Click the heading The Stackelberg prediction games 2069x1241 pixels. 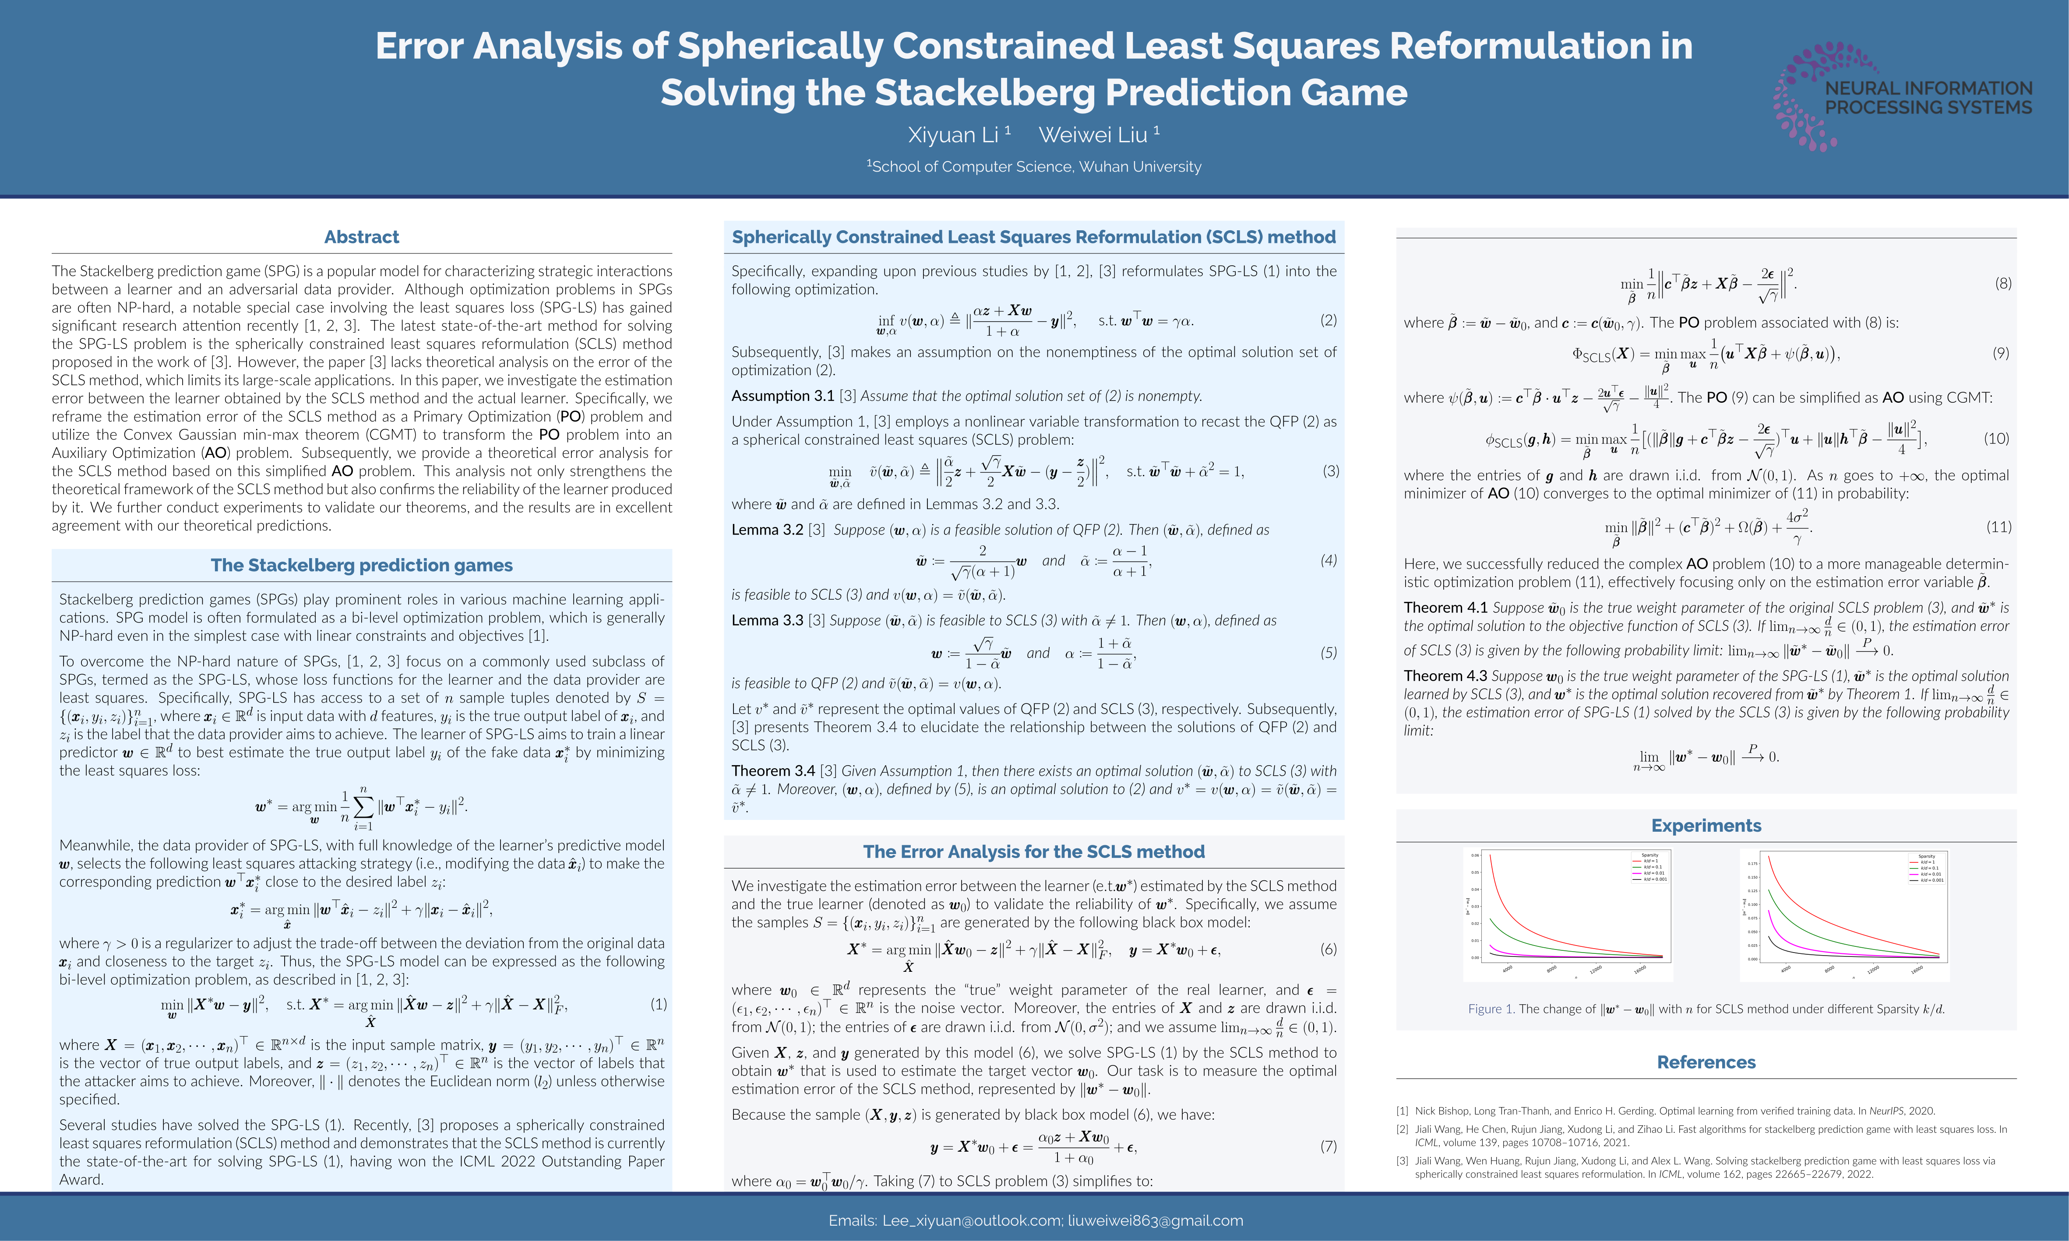[361, 565]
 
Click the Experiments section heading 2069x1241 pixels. [1706, 826]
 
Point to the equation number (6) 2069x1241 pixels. [1328, 949]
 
